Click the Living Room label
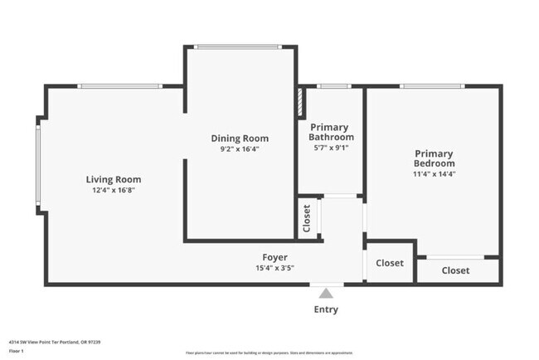coord(114,179)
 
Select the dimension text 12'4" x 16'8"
coord(114,190)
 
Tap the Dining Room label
coord(240,139)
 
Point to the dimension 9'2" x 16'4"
coord(240,149)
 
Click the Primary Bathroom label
coord(331,132)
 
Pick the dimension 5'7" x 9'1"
coord(331,148)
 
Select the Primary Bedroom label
coord(434,158)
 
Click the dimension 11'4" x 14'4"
coord(434,173)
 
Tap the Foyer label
coord(275,257)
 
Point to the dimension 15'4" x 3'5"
coord(275,268)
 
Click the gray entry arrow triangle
coord(326,293)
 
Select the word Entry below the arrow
coord(326,309)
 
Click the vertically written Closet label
coord(307,218)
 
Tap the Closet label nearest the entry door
coord(390,264)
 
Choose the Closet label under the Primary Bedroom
coord(455,270)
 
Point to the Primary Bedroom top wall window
coord(431,86)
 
